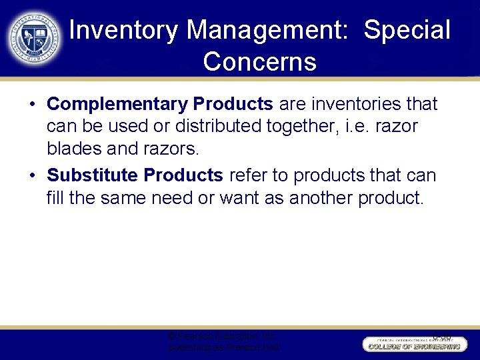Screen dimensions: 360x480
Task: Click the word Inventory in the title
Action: click(123, 31)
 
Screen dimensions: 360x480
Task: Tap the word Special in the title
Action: click(408, 31)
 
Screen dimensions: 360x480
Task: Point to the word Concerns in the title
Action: click(259, 62)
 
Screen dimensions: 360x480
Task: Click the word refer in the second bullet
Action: click(249, 176)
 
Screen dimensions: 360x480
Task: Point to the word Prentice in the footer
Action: click(246, 348)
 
